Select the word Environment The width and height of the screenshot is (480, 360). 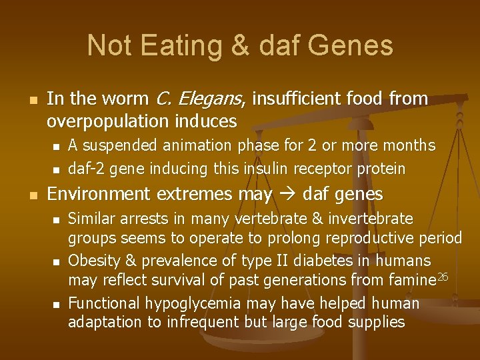tap(99, 195)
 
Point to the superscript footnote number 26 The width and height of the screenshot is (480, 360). tap(443, 277)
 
